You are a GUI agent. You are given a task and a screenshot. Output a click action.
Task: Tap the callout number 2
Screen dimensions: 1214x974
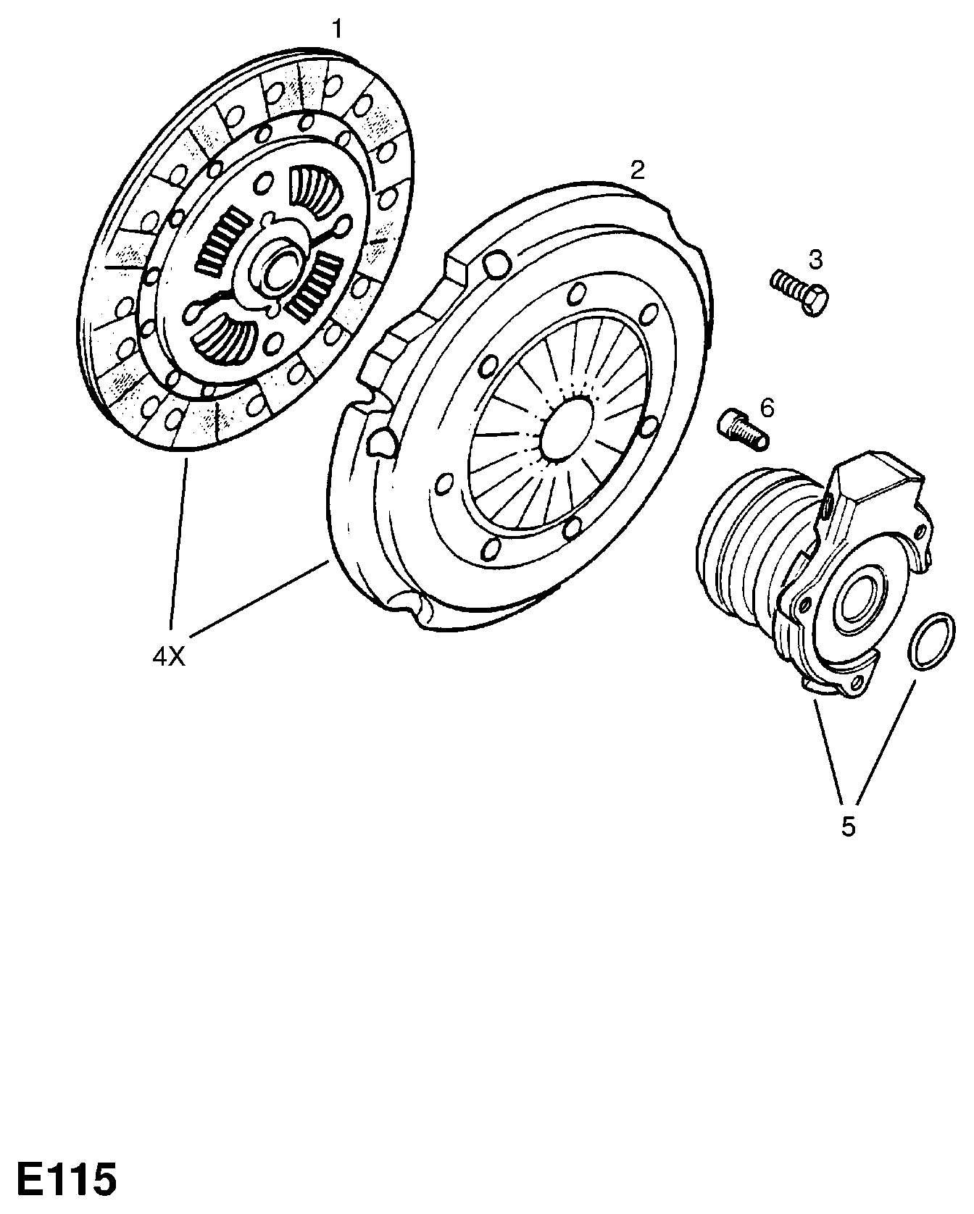(x=637, y=171)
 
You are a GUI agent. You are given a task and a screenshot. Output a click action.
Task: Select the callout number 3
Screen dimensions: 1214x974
(x=816, y=259)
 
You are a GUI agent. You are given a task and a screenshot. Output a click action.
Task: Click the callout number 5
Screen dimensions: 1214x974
(x=848, y=826)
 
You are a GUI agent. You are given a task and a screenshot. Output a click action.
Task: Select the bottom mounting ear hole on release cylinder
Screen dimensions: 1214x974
(x=858, y=683)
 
